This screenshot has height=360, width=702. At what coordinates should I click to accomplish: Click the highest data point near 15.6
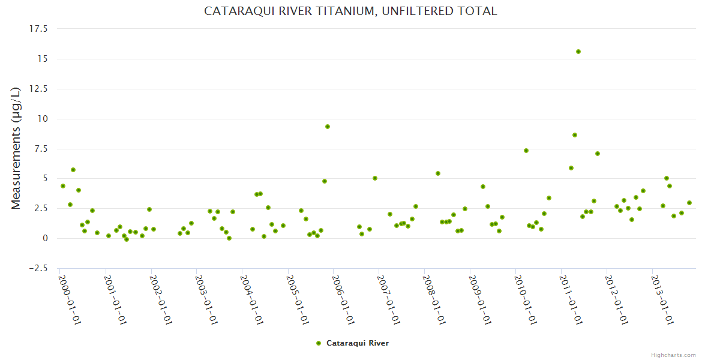pos(578,52)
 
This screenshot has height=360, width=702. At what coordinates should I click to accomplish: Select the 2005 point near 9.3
pos(328,127)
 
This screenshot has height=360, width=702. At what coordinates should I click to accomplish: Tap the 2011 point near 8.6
pos(575,135)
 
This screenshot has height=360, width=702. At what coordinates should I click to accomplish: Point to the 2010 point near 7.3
pos(526,151)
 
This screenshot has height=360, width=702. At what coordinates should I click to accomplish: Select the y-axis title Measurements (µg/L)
pos(16,148)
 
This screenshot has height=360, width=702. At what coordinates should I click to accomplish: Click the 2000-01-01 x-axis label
pos(70,299)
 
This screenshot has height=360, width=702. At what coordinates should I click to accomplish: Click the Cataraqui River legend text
pos(357,343)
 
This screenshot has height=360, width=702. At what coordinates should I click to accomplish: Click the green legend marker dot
pos(319,343)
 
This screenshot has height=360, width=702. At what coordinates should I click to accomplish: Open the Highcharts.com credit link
pos(673,355)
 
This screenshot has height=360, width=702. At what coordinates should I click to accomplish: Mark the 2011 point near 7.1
pos(598,154)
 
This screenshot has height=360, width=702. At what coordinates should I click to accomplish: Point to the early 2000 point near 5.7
pos(73,170)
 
